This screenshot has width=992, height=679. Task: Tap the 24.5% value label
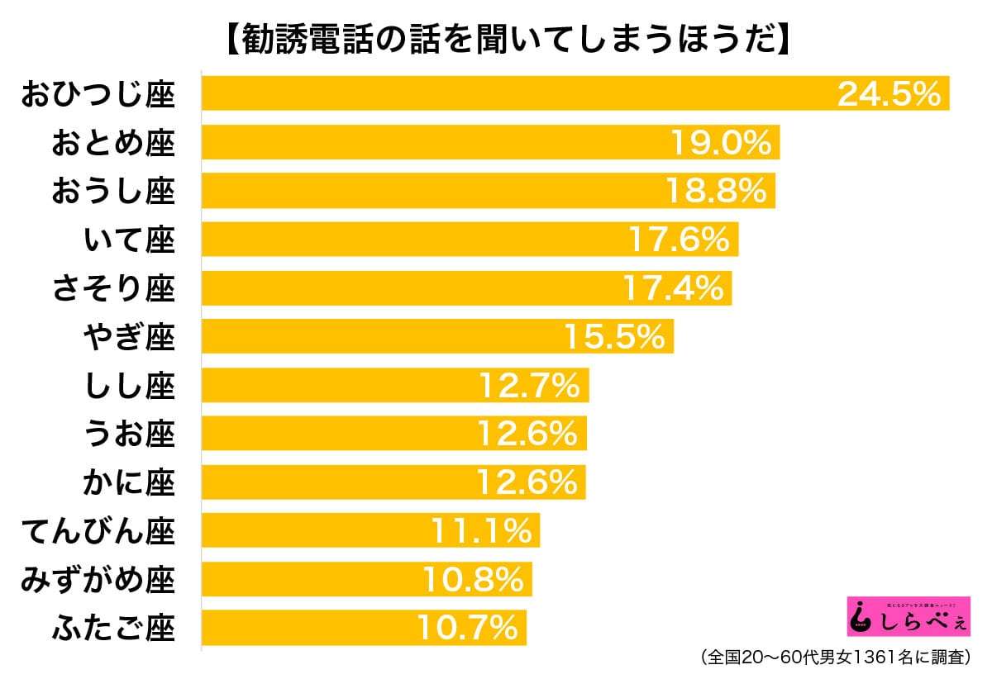pos(889,94)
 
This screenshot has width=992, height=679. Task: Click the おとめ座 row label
pos(113,143)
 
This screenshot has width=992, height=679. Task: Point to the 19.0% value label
pos(719,143)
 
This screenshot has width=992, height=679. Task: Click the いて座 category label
pos(129,240)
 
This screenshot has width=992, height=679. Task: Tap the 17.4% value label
pos(671,288)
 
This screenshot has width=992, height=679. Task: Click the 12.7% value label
pos(528,386)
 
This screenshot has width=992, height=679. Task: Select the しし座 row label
pos(129,386)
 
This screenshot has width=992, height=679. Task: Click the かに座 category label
pos(129,482)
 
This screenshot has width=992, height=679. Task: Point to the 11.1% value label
pos(480,531)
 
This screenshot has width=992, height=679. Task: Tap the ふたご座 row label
pos(113,629)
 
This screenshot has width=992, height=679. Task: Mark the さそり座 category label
pos(113,288)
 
